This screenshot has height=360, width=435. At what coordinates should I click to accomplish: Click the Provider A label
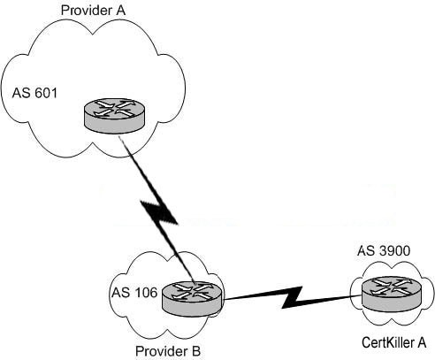(x=93, y=11)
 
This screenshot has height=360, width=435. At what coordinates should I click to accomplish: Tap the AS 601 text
(x=34, y=93)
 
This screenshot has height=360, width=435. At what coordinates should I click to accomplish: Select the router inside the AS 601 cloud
(x=114, y=116)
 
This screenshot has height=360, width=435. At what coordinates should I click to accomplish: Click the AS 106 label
(x=134, y=293)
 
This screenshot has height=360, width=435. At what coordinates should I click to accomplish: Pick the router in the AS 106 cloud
(x=192, y=299)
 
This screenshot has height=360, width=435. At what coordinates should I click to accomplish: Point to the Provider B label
(x=168, y=351)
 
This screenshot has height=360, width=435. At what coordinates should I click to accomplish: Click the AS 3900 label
(x=384, y=251)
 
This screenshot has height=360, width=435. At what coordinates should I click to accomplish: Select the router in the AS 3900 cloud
(x=391, y=294)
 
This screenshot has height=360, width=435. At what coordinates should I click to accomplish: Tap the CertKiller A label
(x=394, y=342)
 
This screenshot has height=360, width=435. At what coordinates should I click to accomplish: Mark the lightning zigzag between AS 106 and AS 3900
(x=292, y=297)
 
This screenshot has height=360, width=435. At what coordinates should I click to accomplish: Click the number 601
(x=46, y=93)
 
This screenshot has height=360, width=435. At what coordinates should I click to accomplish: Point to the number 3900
(x=394, y=251)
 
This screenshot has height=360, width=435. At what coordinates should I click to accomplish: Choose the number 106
(x=146, y=293)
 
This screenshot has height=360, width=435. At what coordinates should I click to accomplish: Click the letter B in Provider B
(x=196, y=351)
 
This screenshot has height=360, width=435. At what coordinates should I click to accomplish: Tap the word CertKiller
(x=387, y=342)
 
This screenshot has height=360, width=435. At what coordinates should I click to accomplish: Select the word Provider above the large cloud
(x=85, y=11)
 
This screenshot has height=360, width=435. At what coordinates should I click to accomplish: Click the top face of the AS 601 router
(x=114, y=108)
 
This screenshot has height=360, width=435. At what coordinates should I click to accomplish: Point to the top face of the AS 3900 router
(x=391, y=287)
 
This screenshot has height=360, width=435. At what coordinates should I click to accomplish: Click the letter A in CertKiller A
(x=422, y=342)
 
